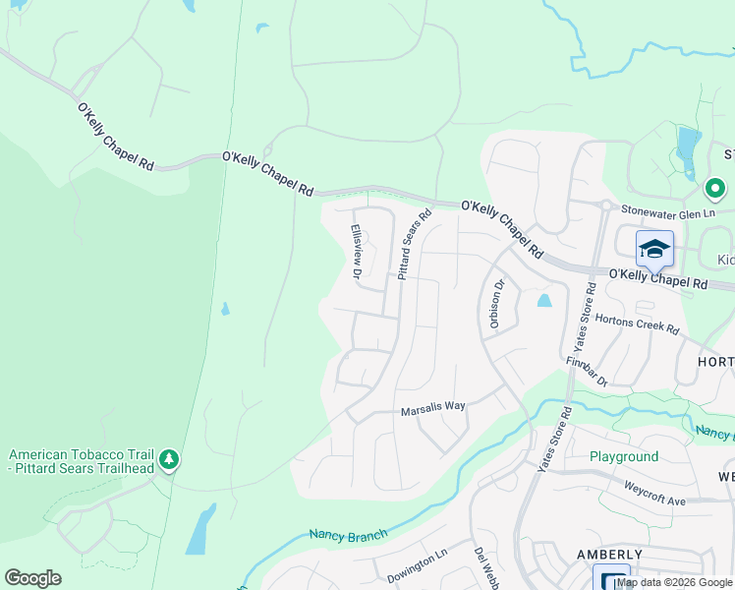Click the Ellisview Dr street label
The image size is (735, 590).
(356, 253)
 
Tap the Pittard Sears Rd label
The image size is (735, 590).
(414, 245)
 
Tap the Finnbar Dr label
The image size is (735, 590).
(588, 370)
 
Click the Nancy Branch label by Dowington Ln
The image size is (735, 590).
(348, 535)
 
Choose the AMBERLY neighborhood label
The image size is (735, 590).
(610, 556)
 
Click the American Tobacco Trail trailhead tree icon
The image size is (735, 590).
(169, 459)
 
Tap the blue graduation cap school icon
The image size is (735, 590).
(653, 250)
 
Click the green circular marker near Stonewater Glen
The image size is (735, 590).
(715, 188)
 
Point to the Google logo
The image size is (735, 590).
(32, 578)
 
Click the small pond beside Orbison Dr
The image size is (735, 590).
(543, 300)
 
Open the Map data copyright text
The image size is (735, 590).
(674, 583)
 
